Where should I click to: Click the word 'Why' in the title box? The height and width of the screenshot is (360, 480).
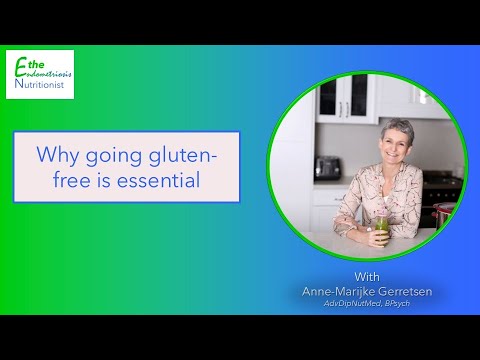click(x=57, y=156)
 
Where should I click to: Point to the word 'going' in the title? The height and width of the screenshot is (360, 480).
click(x=114, y=156)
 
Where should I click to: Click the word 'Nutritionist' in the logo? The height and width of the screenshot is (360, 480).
click(x=39, y=84)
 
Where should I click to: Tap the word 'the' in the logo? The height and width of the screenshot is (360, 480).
click(x=36, y=64)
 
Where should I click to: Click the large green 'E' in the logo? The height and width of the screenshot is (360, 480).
click(x=21, y=67)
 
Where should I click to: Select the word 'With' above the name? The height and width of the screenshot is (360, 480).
click(x=367, y=277)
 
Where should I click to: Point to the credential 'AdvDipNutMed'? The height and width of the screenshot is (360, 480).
click(x=352, y=303)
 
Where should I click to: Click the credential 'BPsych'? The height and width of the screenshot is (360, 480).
click(x=397, y=304)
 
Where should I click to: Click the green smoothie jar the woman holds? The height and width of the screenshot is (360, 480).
click(x=382, y=230)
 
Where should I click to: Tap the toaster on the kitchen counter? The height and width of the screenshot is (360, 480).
click(x=327, y=168)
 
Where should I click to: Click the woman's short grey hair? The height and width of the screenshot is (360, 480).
click(x=398, y=128)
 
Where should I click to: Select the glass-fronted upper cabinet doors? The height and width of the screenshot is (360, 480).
click(x=344, y=98)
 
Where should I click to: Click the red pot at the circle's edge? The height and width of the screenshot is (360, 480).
click(x=443, y=213)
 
